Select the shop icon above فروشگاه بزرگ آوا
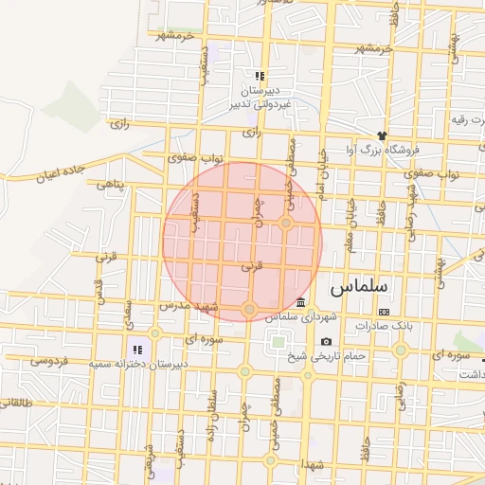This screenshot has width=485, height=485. coord(382,135)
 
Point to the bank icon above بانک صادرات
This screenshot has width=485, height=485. coord(384,312)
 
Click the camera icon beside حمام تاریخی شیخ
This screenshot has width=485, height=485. coord(327,341)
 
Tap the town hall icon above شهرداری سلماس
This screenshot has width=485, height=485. coord(300,303)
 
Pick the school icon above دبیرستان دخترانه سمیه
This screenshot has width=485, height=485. coord(137,349)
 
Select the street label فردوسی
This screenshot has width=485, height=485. coord(48,360)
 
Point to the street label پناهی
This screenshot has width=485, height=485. coord(109,187)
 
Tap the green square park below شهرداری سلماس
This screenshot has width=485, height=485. coord(278,341)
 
